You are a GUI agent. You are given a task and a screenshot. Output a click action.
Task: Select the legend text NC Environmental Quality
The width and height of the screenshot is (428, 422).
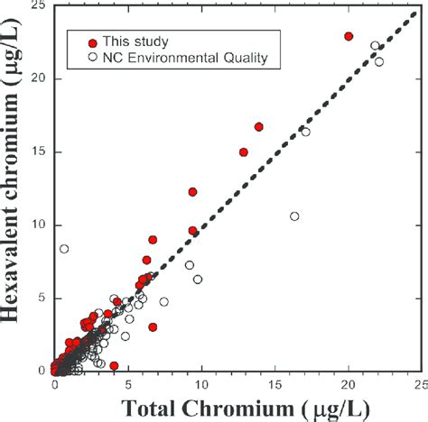(x=179, y=58)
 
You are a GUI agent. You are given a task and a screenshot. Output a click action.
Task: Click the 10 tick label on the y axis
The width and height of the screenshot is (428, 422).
(x=37, y=225)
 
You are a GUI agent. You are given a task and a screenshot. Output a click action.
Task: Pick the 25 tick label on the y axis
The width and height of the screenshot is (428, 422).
(x=37, y=6)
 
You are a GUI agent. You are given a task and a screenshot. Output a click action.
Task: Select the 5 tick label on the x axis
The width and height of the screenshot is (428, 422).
(x=128, y=382)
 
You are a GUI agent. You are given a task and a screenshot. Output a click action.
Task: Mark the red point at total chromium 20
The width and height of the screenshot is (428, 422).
(x=349, y=36)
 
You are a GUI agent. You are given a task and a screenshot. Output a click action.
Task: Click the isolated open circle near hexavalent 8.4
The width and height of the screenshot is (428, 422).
(x=64, y=249)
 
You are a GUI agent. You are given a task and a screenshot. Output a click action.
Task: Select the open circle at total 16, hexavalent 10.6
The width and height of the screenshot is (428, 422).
(x=294, y=216)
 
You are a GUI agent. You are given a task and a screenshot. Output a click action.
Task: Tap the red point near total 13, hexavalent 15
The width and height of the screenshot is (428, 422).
(x=244, y=152)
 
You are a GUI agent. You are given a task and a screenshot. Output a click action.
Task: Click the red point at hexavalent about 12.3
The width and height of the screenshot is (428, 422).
(x=192, y=192)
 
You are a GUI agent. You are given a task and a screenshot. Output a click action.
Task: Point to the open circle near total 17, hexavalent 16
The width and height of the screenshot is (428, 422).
(x=305, y=133)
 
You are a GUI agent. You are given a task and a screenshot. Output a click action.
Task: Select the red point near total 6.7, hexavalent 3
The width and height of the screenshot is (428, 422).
(x=153, y=326)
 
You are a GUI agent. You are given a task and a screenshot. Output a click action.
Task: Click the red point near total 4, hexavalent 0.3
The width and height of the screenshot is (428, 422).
(x=114, y=366)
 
